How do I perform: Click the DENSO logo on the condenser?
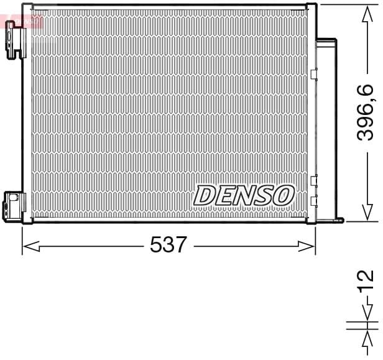coord(243,195)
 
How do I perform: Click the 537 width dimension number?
coord(168,245)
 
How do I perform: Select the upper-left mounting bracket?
coord(16,39)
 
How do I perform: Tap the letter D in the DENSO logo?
coord(205,195)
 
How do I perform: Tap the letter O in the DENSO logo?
coord(283,195)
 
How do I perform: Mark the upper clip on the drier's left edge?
coord(313,74)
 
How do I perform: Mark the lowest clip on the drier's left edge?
coord(313,200)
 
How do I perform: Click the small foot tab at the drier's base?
coord(338,218)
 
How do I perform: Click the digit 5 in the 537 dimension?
coord(156,245)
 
